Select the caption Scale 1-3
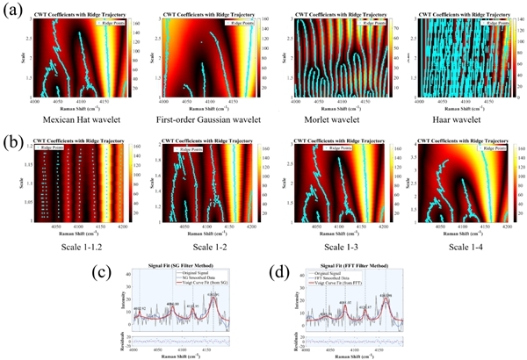click(336, 248)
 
